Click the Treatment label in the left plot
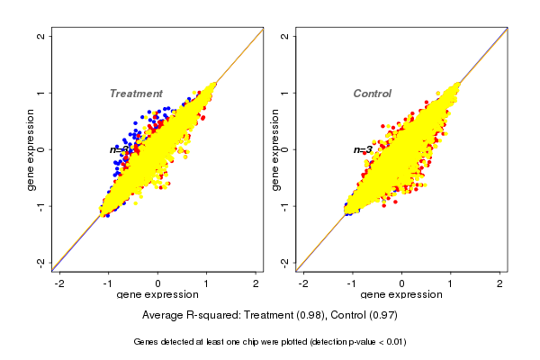[x=136, y=94]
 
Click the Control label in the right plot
[x=372, y=94]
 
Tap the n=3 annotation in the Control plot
[x=362, y=150]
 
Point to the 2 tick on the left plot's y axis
[x=41, y=36]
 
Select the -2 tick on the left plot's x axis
[x=60, y=283]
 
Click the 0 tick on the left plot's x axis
[x=158, y=283]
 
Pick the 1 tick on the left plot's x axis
[x=207, y=283]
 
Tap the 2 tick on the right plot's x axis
[x=499, y=283]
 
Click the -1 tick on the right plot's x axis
[x=352, y=283]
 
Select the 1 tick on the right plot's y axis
[x=285, y=93]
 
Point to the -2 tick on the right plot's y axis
[x=285, y=262]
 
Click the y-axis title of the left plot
[x=31, y=149]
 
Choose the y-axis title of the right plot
[x=274, y=149]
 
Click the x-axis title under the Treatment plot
[x=157, y=295]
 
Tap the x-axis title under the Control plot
[x=401, y=295]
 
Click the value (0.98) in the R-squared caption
[x=309, y=316]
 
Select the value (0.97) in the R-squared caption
[x=382, y=316]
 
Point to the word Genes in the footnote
[x=147, y=342]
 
